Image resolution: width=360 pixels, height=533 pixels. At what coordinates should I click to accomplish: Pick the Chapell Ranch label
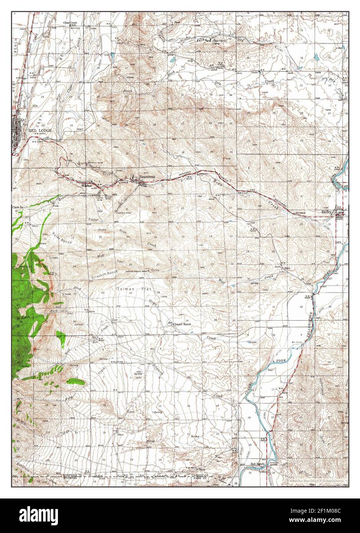tap(182, 324)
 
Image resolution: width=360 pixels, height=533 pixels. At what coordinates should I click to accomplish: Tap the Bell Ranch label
tap(258, 464)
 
